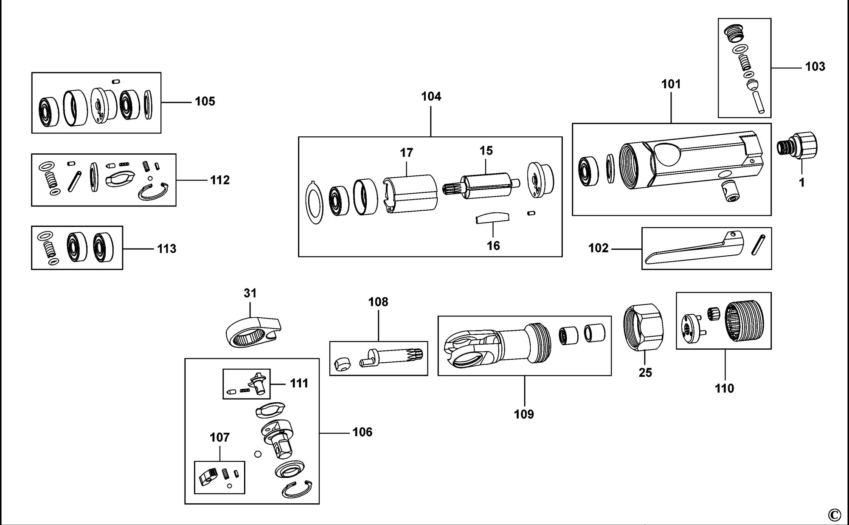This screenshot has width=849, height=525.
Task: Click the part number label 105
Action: (205, 102)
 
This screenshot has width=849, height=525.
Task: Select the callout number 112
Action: (219, 180)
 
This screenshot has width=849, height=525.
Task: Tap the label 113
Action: (166, 248)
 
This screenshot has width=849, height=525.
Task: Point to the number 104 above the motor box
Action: (431, 96)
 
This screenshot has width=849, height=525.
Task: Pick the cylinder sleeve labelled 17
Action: (410, 193)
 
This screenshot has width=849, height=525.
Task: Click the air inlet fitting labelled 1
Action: (798, 147)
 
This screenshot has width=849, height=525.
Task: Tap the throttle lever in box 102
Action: (692, 251)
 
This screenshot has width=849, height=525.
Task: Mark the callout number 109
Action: (524, 414)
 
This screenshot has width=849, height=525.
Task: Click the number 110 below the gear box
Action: (724, 388)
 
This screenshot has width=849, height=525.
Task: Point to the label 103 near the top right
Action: (815, 67)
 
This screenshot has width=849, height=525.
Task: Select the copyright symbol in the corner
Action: (834, 515)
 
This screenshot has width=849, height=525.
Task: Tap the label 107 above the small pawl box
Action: (219, 437)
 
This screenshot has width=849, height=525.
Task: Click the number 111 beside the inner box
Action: (299, 383)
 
